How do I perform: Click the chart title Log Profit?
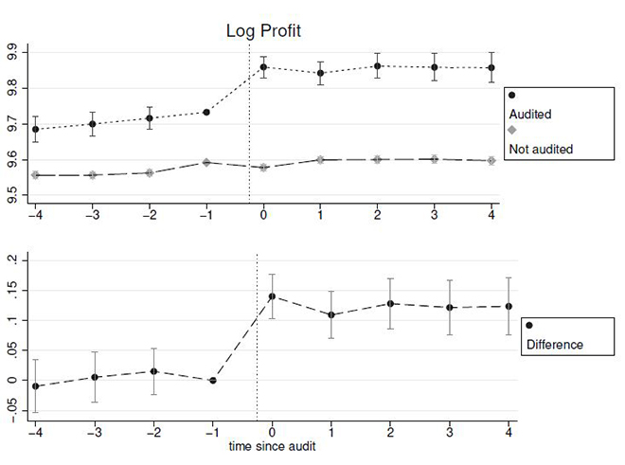pos(262,31)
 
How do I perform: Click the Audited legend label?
pos(530,114)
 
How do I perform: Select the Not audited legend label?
pos(541,149)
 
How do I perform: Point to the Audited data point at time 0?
pos(264,67)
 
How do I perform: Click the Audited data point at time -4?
pos(36,130)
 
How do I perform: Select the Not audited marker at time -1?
pos(207,162)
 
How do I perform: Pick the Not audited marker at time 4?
pos(491,161)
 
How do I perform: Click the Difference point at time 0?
pos(273,296)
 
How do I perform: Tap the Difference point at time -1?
pos(212,380)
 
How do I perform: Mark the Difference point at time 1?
pos(330,314)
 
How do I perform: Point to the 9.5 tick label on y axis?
pos(14,197)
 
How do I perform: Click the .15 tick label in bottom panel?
pos(11,290)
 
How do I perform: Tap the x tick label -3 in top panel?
pos(92,215)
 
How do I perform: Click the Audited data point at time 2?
pos(378,66)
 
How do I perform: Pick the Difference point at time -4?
pos(36,386)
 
